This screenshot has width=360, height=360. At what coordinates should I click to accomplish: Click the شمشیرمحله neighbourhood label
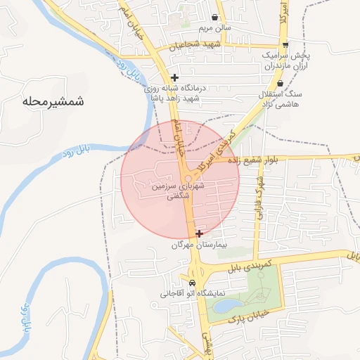click(x=53, y=101)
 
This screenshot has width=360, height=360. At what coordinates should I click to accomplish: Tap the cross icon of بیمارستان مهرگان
click(x=199, y=233)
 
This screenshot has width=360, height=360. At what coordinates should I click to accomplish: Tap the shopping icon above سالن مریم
click(x=214, y=17)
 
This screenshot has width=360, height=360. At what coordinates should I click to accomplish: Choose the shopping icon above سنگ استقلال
click(x=280, y=82)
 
